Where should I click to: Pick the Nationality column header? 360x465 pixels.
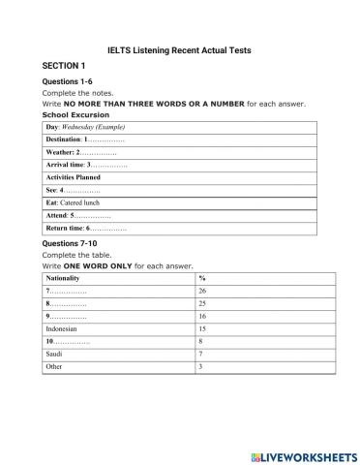pos(64,278)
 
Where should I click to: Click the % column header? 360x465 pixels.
pos(201,278)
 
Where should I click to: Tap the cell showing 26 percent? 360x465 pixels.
pos(202,291)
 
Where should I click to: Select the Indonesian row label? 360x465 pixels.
pos(63,328)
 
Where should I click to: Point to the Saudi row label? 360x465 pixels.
pos(54,355)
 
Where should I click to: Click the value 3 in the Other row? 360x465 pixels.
pos(200,367)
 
